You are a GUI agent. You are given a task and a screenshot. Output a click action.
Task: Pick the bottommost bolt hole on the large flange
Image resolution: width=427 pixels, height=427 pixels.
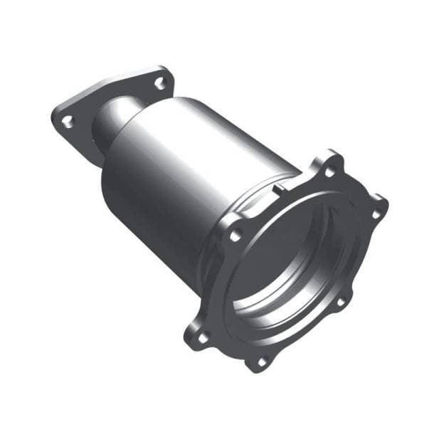(260, 362)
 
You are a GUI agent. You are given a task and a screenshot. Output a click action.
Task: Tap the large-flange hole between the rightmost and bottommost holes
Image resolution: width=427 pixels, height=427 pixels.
(340, 302)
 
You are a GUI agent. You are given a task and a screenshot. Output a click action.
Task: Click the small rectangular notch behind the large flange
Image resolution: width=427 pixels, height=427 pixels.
(280, 189)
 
